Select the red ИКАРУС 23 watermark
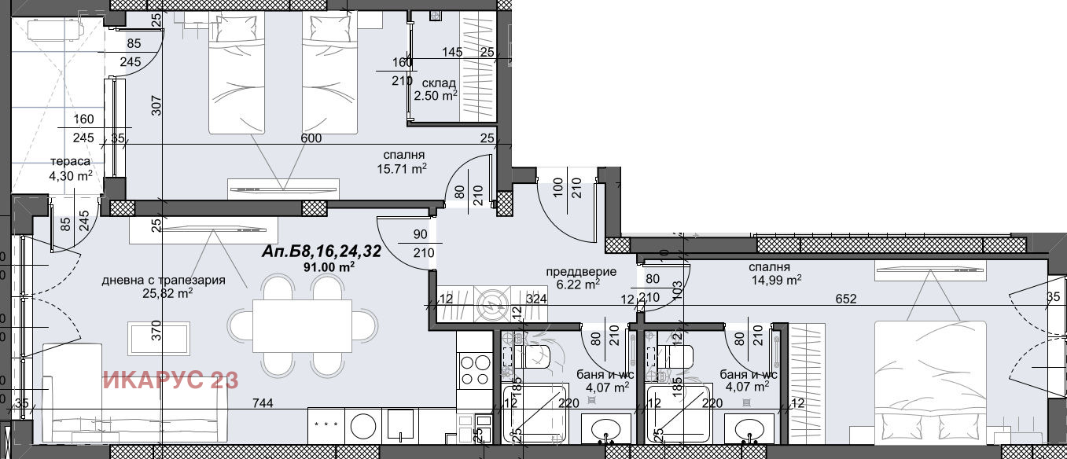coord(171,381)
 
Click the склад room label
coord(439,83)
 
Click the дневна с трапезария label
coord(164,280)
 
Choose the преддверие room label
coord(581,274)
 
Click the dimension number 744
coord(263,403)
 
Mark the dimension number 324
coord(536,299)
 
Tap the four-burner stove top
coord(476,371)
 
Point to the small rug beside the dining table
coord(158,338)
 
